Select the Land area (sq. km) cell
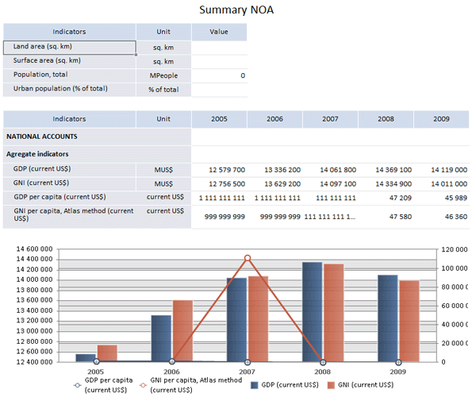(x=69, y=47)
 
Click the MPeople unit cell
(x=163, y=75)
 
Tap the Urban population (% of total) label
(x=60, y=89)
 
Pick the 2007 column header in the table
(x=330, y=119)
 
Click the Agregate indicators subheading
(x=37, y=153)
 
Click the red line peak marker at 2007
(x=248, y=258)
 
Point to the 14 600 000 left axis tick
(x=33, y=249)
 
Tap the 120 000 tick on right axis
(x=455, y=249)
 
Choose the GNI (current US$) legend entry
(x=360, y=385)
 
